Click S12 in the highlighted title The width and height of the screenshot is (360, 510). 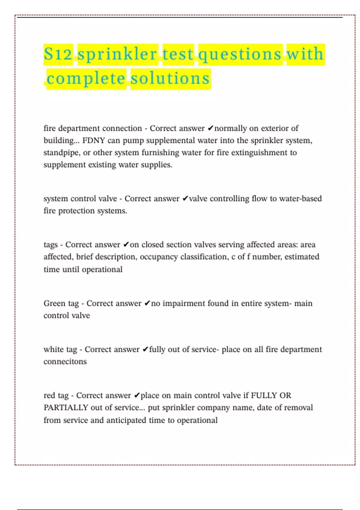(x=58, y=54)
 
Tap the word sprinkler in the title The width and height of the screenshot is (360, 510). (x=117, y=54)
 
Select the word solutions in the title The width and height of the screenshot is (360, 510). (x=170, y=79)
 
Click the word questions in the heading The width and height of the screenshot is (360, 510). (x=240, y=54)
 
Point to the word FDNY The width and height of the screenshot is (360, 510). (x=93, y=140)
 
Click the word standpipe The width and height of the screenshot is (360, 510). (x=61, y=153)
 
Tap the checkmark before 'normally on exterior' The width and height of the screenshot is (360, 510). (x=210, y=128)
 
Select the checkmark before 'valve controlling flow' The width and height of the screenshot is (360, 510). (x=185, y=199)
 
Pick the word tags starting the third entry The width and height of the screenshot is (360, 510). (x=50, y=245)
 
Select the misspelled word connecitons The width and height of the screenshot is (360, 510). (x=65, y=361)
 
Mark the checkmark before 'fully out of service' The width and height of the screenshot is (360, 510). (x=145, y=349)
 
